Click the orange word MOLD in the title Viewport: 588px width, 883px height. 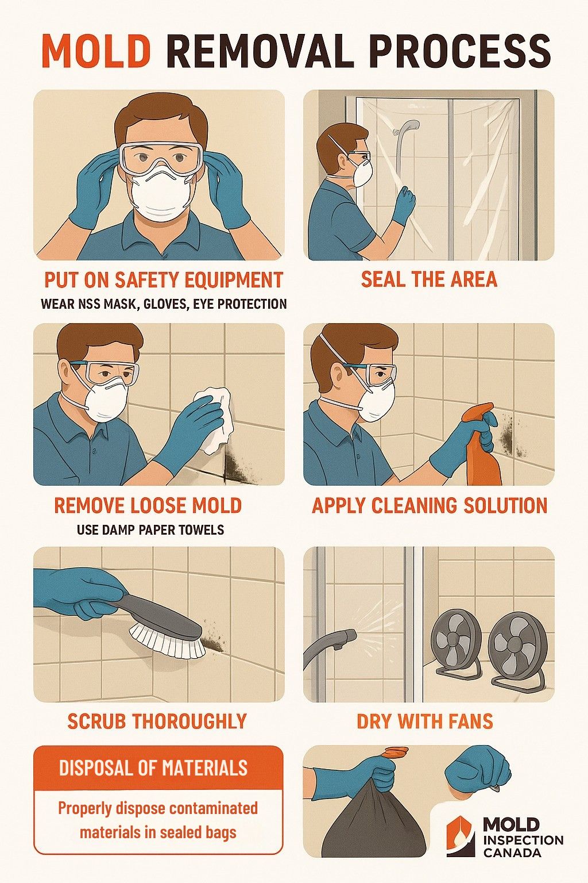96,51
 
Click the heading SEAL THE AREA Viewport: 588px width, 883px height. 428,279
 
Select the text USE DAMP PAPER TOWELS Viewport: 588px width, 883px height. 150,529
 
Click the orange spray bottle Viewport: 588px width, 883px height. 481,448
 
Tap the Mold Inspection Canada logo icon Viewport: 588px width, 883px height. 461,836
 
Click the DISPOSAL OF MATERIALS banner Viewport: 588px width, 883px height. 158,768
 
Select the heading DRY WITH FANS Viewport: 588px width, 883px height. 425,721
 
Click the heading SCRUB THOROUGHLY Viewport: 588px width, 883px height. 157,721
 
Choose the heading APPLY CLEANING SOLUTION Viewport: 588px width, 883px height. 430,505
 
